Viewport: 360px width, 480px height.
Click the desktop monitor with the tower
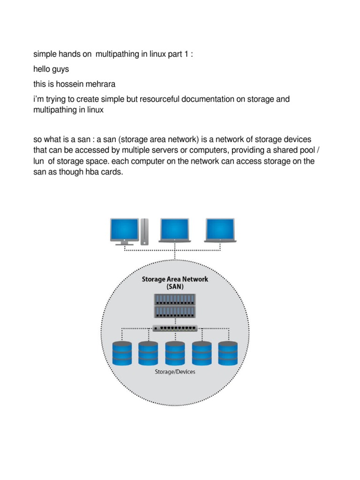[x=124, y=230]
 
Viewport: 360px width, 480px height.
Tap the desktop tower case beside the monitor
[x=144, y=231]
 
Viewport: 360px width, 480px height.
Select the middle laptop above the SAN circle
[x=174, y=230]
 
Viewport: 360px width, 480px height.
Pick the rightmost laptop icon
[x=220, y=230]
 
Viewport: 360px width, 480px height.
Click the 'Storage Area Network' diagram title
[x=175, y=279]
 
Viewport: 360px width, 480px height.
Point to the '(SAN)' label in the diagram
[x=175, y=286]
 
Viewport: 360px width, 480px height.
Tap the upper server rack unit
[x=175, y=300]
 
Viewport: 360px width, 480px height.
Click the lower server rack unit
[x=175, y=311]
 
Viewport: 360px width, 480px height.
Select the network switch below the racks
[x=175, y=328]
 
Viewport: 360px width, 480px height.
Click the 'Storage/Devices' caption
[x=175, y=372]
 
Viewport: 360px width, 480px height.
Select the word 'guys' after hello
[x=60, y=69]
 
